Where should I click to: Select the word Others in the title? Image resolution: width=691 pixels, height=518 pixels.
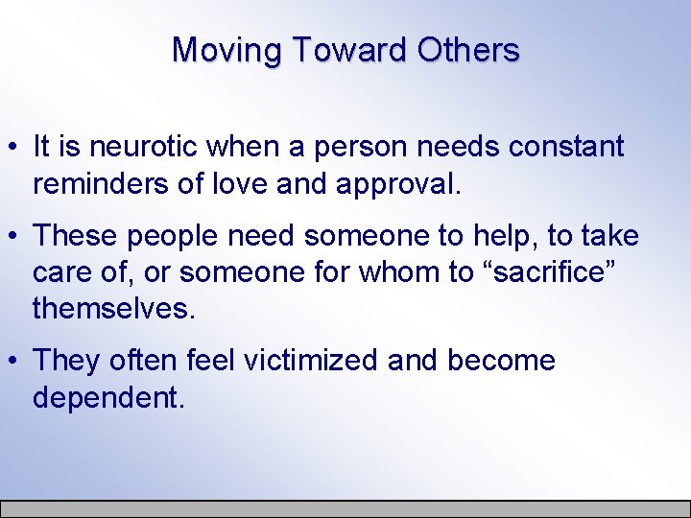click(x=469, y=50)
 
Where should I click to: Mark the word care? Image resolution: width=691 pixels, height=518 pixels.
click(x=60, y=272)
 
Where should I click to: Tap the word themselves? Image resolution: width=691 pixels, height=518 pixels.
click(x=112, y=308)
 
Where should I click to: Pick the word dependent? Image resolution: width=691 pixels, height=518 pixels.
click(x=107, y=396)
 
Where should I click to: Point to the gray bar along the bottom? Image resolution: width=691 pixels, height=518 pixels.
click(x=345, y=508)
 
